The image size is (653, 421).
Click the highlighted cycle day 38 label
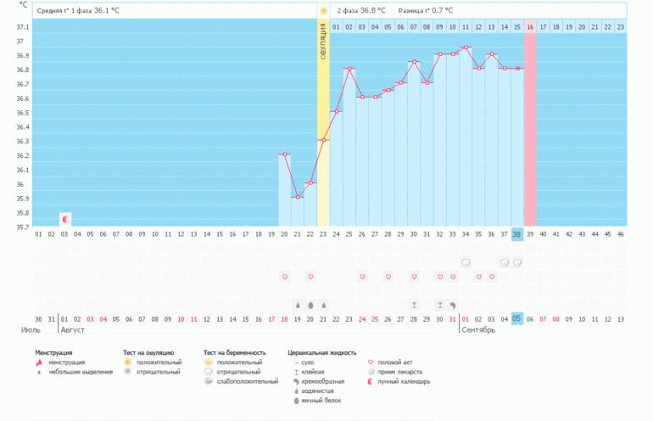click(x=517, y=233)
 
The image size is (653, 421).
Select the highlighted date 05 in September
click(x=517, y=318)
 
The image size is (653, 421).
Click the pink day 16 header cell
click(x=530, y=27)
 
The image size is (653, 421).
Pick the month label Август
click(x=72, y=329)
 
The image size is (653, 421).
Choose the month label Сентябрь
click(x=477, y=329)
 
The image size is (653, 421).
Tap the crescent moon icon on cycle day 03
click(x=64, y=218)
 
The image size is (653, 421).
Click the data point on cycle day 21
click(x=298, y=197)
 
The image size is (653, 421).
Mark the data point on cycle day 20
click(x=285, y=154)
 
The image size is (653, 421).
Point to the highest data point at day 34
click(x=466, y=48)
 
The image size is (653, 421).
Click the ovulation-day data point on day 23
click(x=323, y=140)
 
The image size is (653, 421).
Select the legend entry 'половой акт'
click(x=400, y=362)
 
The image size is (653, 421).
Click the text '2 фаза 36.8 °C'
click(x=361, y=10)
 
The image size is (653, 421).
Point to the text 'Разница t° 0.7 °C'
click(x=426, y=10)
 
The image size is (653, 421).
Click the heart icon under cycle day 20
click(x=285, y=277)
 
